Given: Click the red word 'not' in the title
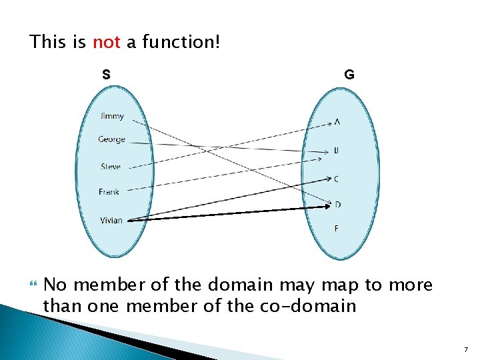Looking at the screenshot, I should click(x=106, y=43).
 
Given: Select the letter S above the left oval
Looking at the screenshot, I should click(x=106, y=74).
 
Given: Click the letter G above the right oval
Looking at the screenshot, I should click(x=349, y=75).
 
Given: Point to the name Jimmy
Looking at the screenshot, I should click(x=112, y=116).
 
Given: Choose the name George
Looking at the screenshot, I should click(x=111, y=139).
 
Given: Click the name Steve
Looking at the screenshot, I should click(x=111, y=167).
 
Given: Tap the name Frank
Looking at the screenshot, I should click(x=109, y=192).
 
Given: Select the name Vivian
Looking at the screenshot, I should click(x=111, y=220).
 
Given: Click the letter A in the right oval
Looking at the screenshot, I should click(x=337, y=122).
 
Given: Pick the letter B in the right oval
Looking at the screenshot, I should click(x=337, y=151).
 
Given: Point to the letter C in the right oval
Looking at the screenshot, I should click(x=337, y=179).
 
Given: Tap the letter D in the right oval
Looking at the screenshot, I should click(x=337, y=204).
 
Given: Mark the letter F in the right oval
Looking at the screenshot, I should click(x=337, y=229).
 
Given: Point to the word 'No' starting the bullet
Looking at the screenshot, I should click(x=55, y=285).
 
